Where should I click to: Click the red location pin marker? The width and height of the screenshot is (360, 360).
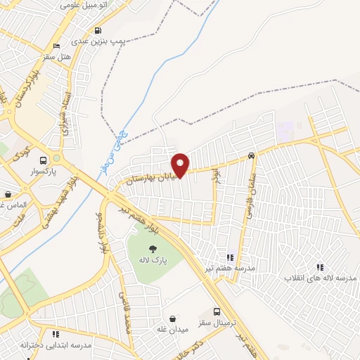point(181,165)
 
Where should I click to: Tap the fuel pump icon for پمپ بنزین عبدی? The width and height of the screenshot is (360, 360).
point(97,31)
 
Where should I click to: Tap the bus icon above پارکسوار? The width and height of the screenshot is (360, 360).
point(44,160)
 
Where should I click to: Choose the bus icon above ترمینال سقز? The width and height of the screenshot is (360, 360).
point(217,311)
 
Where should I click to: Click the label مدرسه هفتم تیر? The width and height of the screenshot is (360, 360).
point(231,268)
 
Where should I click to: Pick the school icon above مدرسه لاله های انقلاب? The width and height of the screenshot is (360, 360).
point(320,267)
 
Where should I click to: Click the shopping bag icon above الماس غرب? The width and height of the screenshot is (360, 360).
point(8,195)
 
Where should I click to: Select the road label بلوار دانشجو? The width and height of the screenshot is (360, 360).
point(102,232)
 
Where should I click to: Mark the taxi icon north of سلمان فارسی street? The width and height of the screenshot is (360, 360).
point(251,156)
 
